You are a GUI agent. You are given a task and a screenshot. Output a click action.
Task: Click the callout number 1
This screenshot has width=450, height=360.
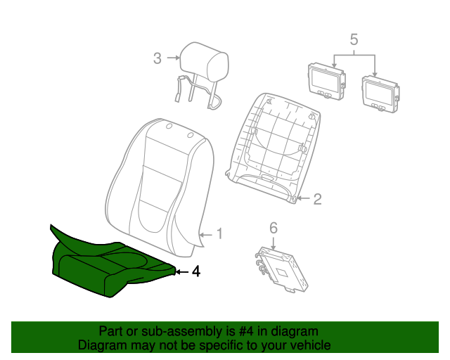[x=219, y=234]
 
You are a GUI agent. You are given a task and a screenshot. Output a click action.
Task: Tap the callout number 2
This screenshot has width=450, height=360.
[x=317, y=199]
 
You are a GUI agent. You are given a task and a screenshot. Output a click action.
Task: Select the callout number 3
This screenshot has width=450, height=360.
[x=157, y=58]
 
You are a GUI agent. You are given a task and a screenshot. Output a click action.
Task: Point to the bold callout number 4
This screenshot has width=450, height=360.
[x=195, y=271]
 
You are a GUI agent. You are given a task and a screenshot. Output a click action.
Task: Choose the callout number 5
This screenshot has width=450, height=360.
[x=354, y=39]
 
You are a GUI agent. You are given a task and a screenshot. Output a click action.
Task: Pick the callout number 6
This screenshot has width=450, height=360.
[x=274, y=228]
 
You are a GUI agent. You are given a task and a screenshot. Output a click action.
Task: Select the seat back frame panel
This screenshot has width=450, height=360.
[x=273, y=148]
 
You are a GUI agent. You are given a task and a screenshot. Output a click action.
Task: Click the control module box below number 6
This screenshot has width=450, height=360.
[x=282, y=270]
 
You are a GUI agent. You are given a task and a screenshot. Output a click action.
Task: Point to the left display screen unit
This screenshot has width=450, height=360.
[x=326, y=82]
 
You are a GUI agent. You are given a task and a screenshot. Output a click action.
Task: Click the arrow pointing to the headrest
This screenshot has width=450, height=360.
[x=173, y=58]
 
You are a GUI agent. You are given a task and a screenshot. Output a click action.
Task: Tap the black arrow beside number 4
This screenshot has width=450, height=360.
[x=182, y=271]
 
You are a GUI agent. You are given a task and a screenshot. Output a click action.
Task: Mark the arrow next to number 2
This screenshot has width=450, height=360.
[x=304, y=198]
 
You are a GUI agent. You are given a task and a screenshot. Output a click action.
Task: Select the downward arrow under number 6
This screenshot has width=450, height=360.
[x=273, y=243]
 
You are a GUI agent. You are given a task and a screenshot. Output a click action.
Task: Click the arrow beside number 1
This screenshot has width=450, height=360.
[x=206, y=235]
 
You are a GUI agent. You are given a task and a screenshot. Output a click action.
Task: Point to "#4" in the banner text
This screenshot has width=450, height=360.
[x=247, y=332]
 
